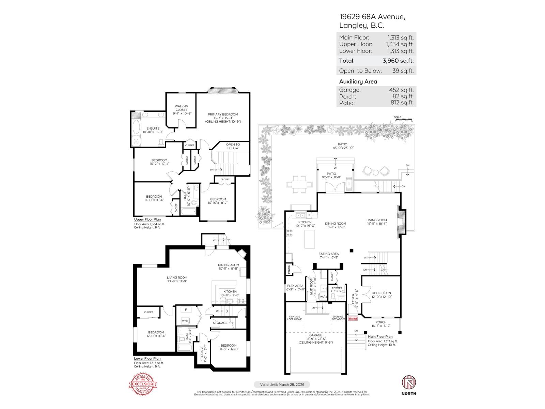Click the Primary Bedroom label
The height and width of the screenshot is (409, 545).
(223, 115)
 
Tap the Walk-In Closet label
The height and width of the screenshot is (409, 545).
(181, 108)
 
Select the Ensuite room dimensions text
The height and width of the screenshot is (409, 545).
(153, 132)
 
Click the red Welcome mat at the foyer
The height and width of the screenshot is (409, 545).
(353, 319)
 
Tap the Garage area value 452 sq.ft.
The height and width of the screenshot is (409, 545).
(401, 90)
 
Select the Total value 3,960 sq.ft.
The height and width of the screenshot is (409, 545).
(398, 61)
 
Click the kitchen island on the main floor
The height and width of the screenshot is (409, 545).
(309, 239)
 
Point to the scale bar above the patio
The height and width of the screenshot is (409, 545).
(404, 119)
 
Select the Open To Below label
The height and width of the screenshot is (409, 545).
(233, 146)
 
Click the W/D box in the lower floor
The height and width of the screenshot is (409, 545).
(185, 321)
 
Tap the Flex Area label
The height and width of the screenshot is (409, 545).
(295, 286)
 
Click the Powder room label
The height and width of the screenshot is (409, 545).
(337, 288)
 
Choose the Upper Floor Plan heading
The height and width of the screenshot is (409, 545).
(147, 219)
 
